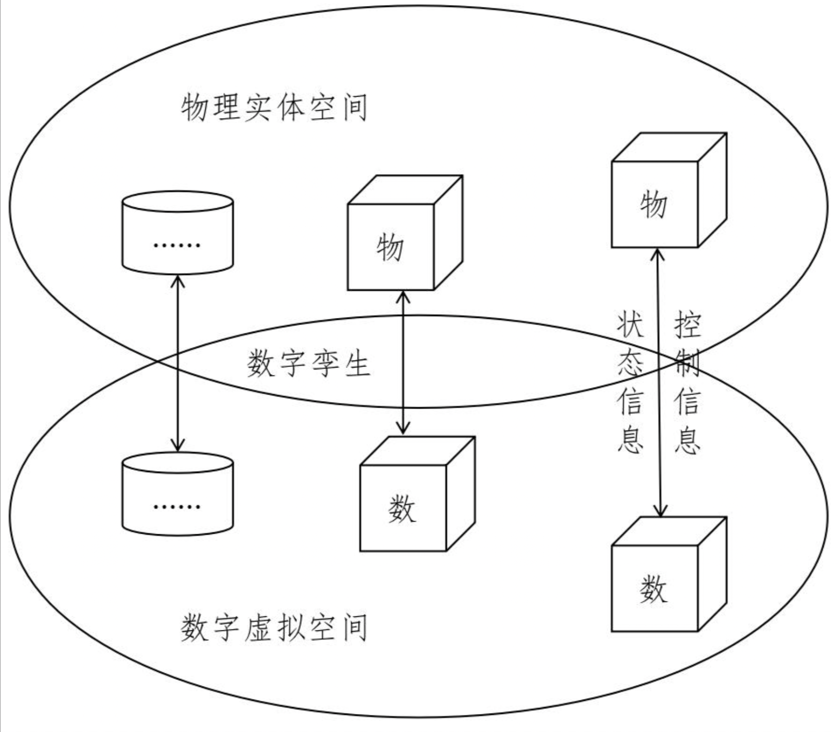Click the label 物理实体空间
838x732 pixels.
pos(274,107)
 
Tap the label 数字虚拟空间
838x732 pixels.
pos(274,627)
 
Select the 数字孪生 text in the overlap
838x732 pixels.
pos(308,363)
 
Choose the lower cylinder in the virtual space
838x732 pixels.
pos(178,493)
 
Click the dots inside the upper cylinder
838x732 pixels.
pos(177,245)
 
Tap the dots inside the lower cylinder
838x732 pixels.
pos(177,506)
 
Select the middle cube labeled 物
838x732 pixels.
pos(390,247)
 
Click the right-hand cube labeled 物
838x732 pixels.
pos(654,204)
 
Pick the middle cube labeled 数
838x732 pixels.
pos(403,508)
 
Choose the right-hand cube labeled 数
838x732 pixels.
pos(654,588)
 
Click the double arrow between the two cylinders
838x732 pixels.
pos(178,363)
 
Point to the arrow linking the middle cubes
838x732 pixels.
pos(403,363)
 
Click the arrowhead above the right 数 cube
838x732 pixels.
pos(661,511)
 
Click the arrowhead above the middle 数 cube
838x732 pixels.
pos(403,429)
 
